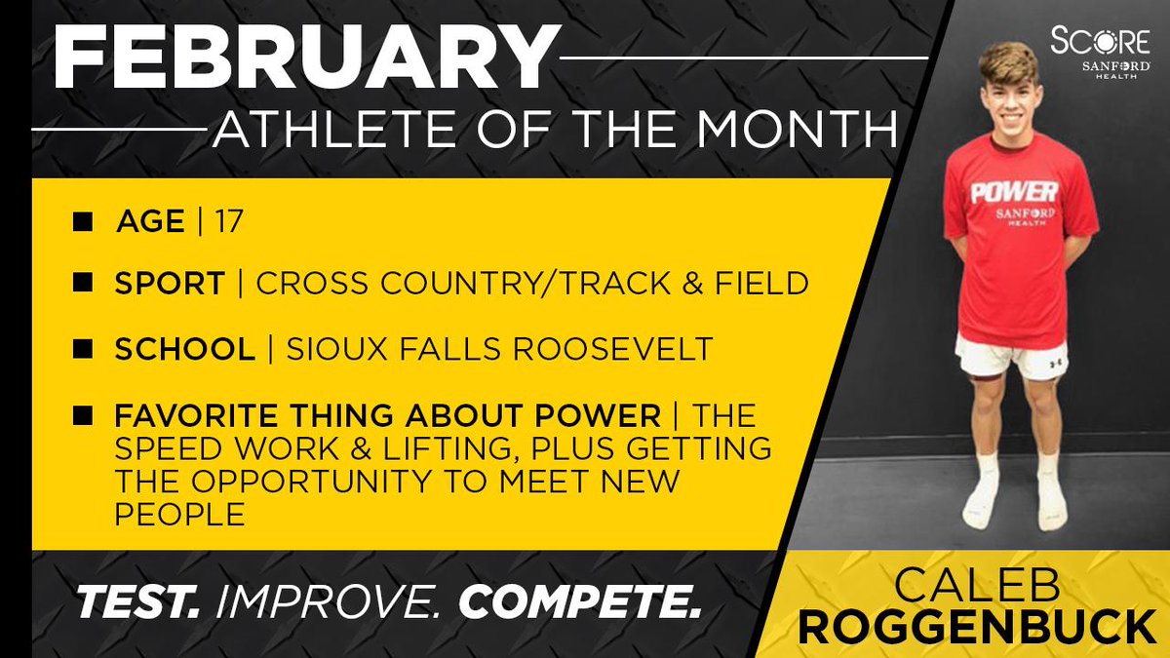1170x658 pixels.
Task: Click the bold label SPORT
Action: (169, 284)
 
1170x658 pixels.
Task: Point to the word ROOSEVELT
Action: (613, 350)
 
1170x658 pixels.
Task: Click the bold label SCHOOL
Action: (182, 350)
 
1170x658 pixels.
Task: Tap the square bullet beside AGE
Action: (84, 222)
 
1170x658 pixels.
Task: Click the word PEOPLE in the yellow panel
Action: (180, 515)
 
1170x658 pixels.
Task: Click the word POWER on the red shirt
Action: (1014, 191)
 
